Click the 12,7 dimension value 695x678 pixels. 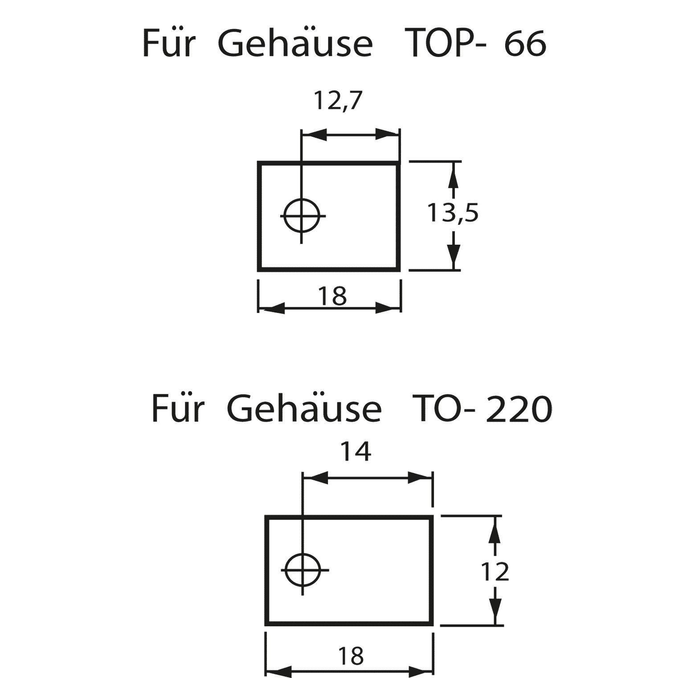point(339,101)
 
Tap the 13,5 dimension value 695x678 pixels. point(453,213)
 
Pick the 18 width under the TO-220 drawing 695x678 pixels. point(351,656)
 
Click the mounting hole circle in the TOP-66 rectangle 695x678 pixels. point(303,216)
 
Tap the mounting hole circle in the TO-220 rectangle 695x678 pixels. point(303,570)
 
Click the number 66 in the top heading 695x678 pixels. point(525,44)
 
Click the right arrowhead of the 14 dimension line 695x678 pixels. point(420,478)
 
